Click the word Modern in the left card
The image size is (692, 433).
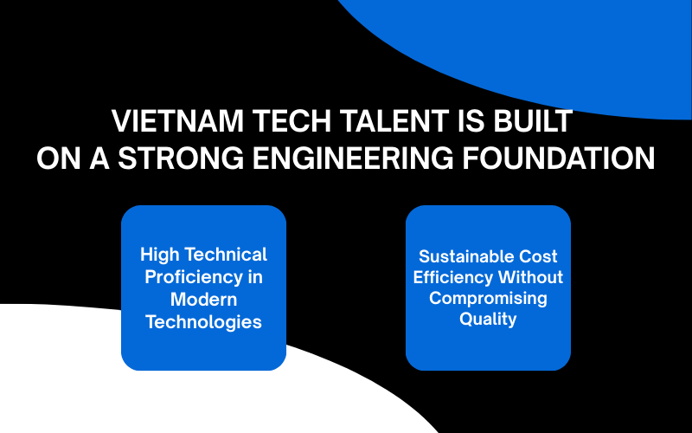tap(203, 300)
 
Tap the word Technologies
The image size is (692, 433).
tap(203, 322)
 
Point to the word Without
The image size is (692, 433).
tap(529, 277)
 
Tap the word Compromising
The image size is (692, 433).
tap(488, 298)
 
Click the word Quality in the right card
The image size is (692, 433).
tap(488, 319)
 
